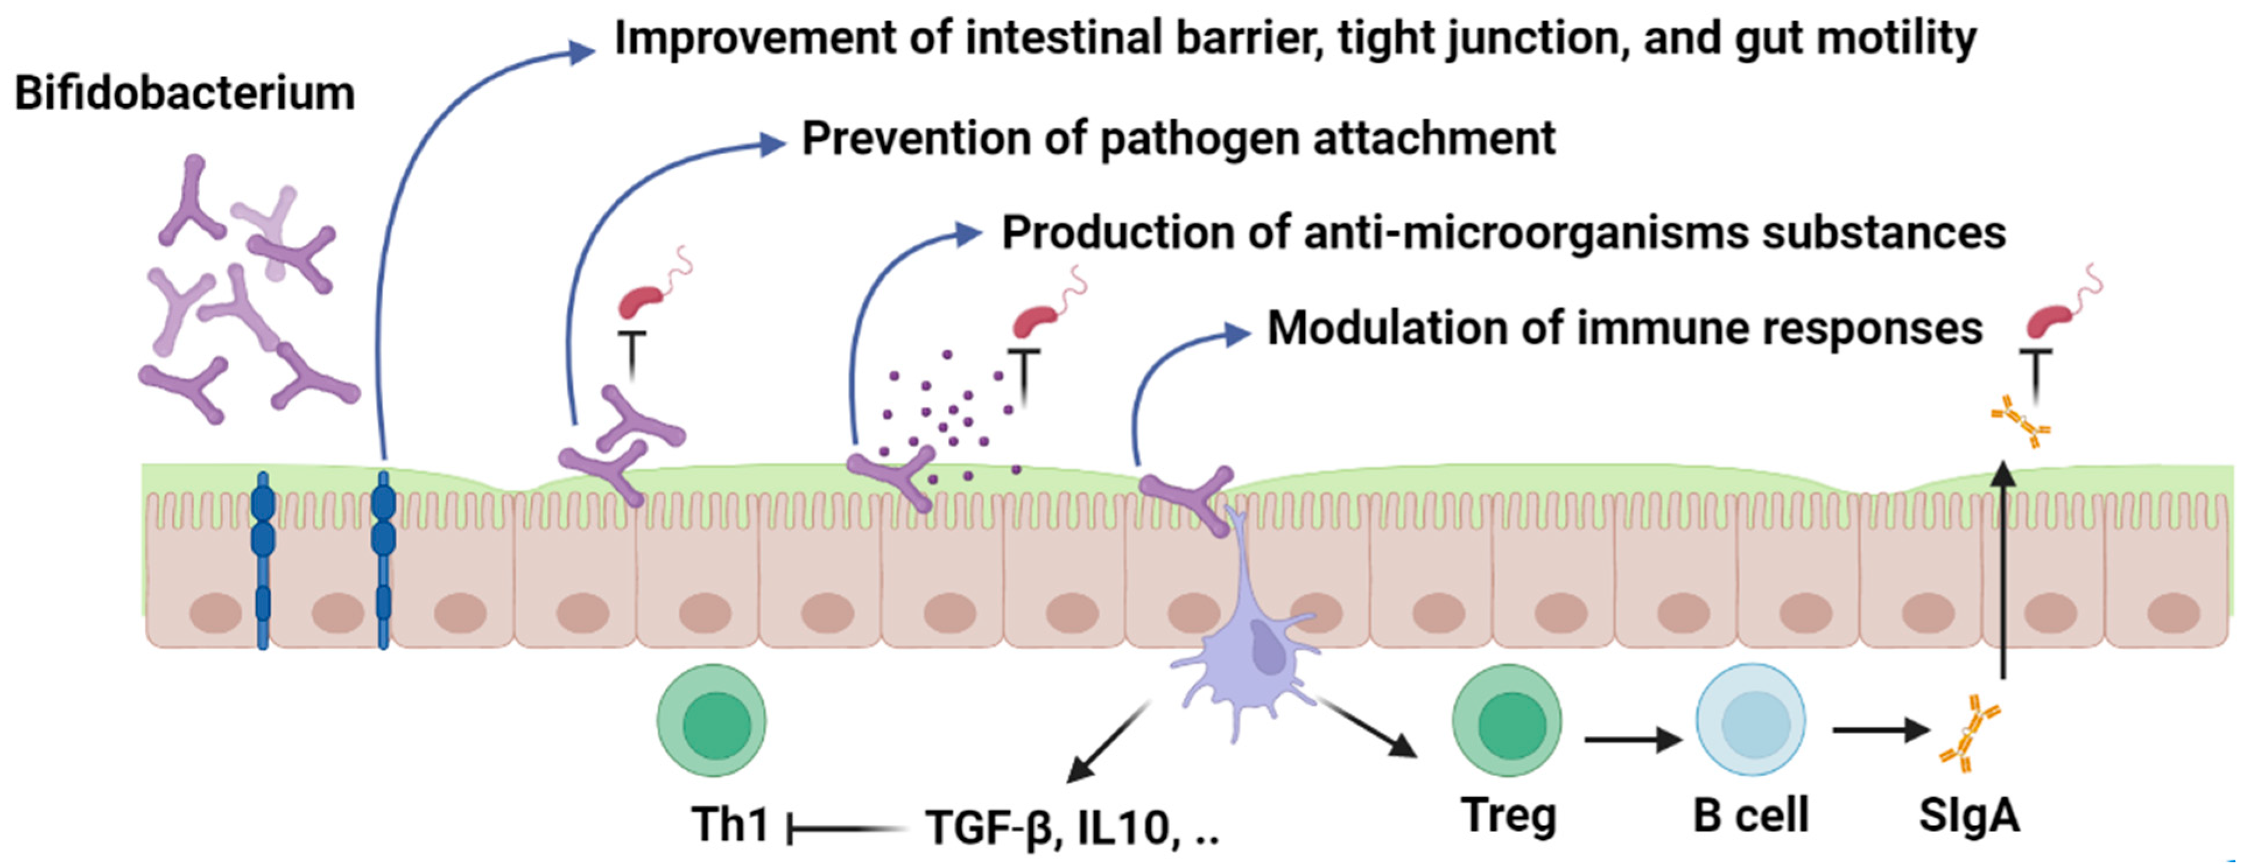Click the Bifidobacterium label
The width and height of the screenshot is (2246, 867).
185,93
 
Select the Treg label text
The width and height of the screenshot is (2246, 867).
1508,816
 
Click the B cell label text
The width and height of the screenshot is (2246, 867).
1751,816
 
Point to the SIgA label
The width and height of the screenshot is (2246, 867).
1969,816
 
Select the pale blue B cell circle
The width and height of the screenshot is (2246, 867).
1750,721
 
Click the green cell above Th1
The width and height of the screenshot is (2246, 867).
712,721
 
